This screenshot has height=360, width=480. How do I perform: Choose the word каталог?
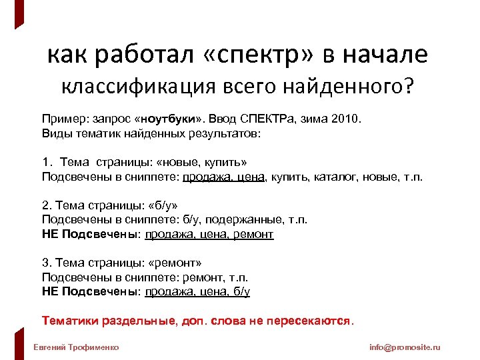(322, 177)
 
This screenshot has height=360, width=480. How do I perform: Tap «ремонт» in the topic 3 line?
(175, 263)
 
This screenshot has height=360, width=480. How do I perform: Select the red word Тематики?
(67, 321)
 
